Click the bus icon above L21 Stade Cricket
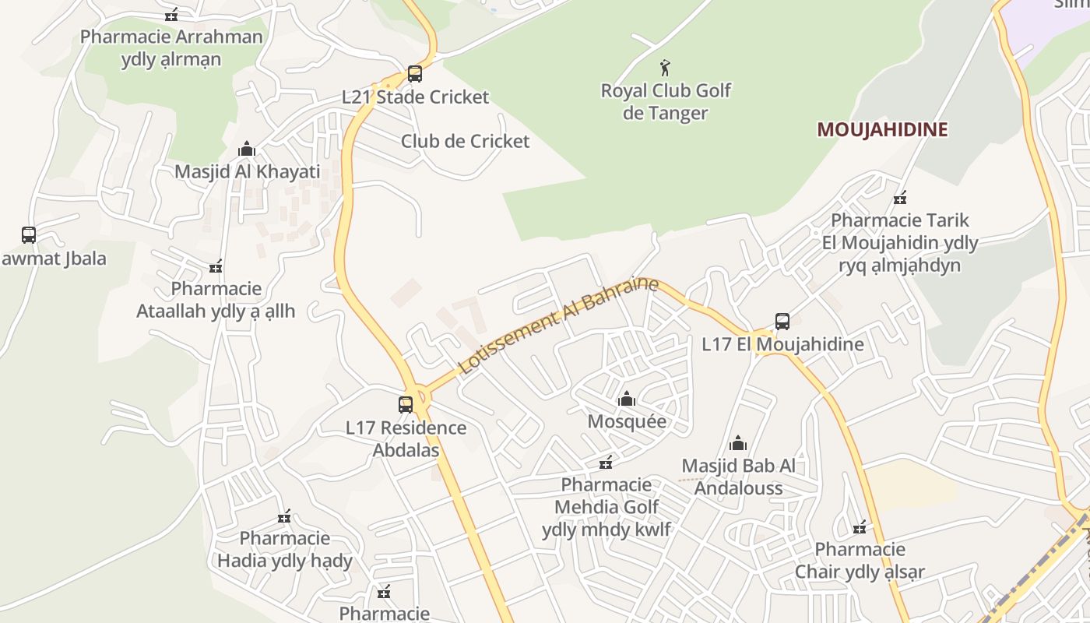click(415, 74)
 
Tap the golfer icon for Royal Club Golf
click(665, 68)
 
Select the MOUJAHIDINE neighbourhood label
click(882, 129)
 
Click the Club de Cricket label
click(465, 141)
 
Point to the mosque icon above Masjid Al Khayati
click(247, 149)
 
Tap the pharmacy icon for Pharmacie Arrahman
click(171, 14)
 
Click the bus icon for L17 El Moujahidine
click(782, 321)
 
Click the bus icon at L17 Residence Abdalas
click(406, 404)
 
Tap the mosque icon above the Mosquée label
click(627, 399)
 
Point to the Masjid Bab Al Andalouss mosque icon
click(738, 444)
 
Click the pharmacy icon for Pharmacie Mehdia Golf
click(606, 463)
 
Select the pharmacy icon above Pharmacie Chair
click(860, 527)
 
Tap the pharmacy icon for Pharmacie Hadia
click(284, 516)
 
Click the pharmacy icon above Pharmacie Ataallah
click(216, 266)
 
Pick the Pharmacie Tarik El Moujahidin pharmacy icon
click(900, 197)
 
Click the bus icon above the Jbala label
click(29, 234)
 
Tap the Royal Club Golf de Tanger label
click(666, 101)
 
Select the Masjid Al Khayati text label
click(247, 171)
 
